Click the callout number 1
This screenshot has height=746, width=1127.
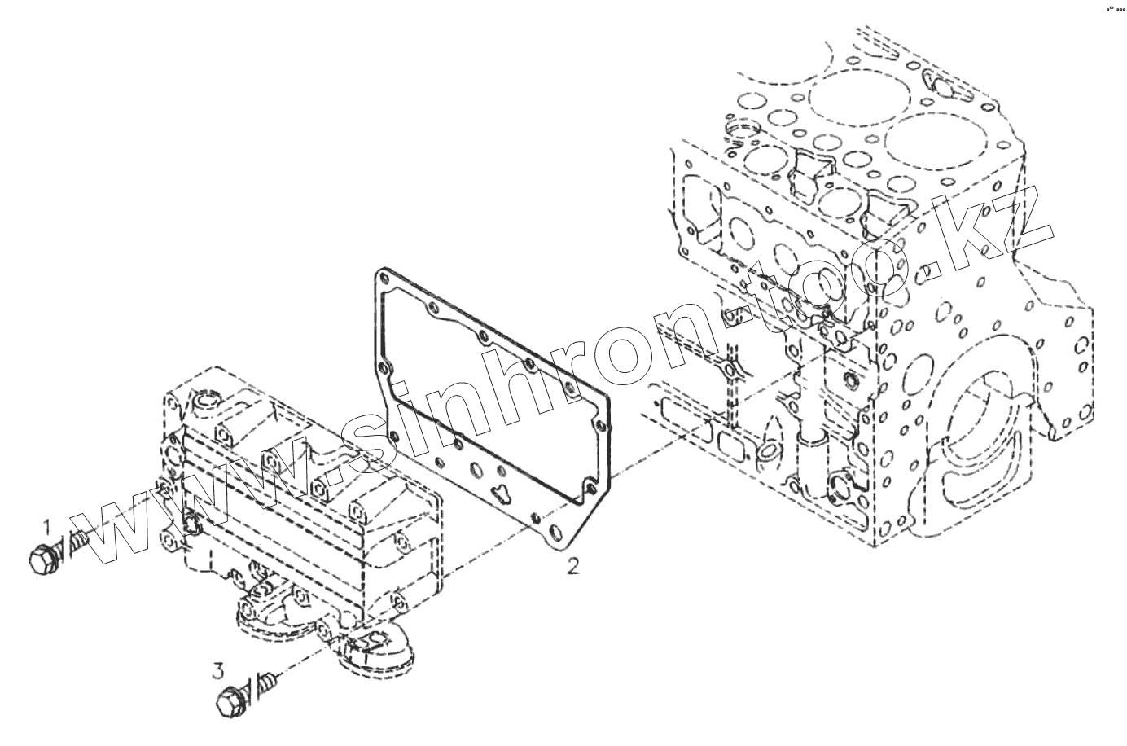click(46, 526)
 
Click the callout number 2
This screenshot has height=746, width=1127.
click(573, 565)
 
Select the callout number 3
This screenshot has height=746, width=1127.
click(217, 672)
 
